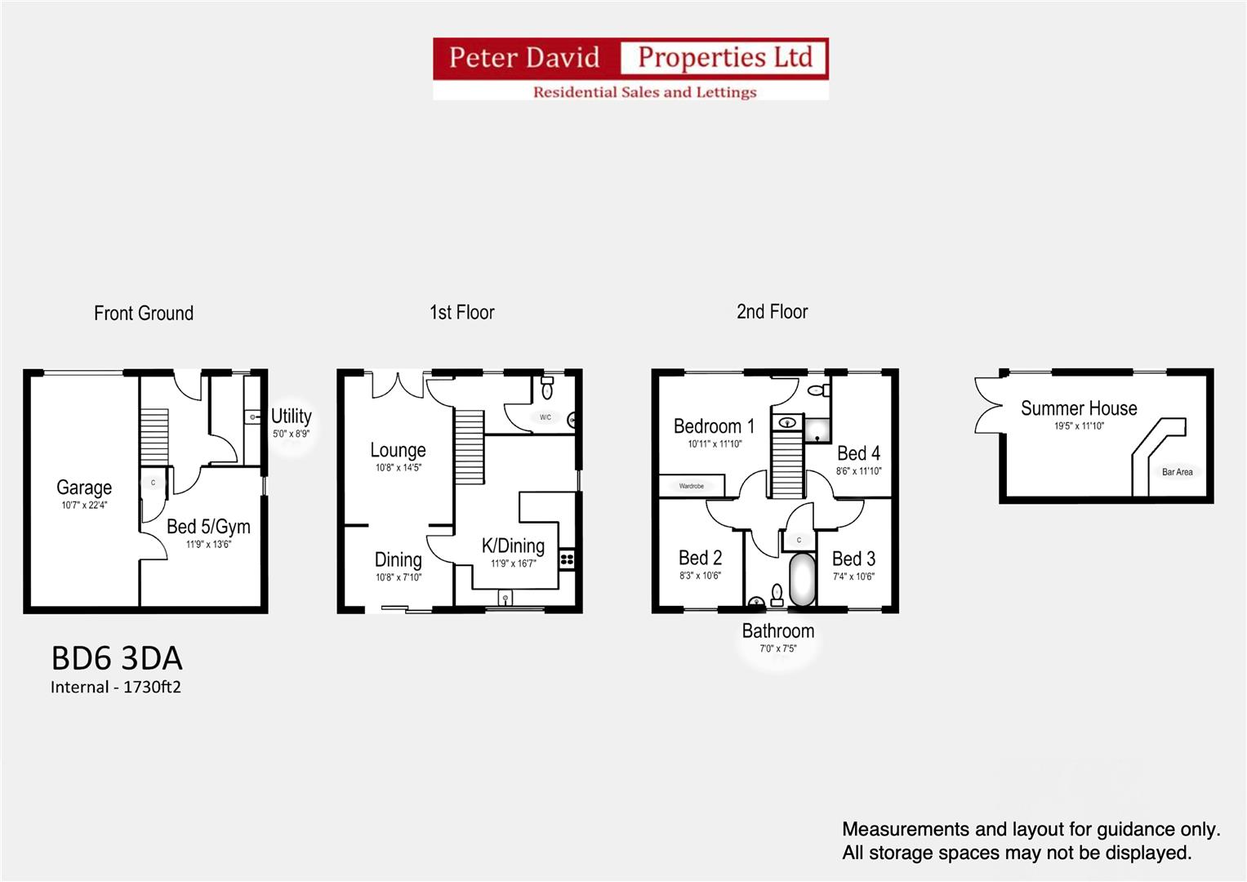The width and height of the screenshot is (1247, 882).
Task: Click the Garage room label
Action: coord(84,488)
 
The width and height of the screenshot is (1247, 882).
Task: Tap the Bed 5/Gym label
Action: coord(208,527)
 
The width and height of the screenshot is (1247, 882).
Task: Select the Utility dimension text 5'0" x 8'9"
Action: coord(291,434)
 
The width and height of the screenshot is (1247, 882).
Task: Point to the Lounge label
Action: coord(398,450)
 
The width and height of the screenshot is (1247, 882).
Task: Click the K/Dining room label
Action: coord(513,546)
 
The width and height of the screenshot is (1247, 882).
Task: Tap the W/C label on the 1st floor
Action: coord(546,417)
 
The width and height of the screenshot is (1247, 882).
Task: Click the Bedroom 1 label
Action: coord(714,426)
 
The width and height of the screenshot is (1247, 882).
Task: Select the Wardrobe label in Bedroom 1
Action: coord(692,486)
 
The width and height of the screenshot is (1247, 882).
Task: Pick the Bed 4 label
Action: coord(858,453)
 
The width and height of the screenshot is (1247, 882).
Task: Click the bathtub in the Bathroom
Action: coord(802,579)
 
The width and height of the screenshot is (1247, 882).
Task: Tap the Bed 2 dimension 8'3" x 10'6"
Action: coord(700,576)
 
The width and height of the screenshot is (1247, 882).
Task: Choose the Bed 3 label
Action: coord(853,559)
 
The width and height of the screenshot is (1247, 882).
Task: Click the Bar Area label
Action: coord(1177,472)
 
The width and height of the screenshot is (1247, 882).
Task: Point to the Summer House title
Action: coord(1078,408)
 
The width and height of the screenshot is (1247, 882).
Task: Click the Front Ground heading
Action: coord(144,313)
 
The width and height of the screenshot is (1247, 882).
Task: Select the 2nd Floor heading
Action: coord(772,311)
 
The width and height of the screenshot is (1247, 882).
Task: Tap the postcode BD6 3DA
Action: coord(117,658)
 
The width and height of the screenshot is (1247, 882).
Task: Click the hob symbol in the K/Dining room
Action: coord(567,559)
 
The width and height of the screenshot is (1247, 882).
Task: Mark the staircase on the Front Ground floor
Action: coord(154,435)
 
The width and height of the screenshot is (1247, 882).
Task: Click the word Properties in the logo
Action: coord(701,57)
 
